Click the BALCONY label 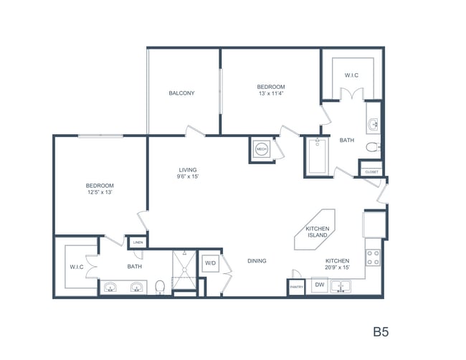[x=181, y=93]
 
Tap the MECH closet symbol [x=261, y=149]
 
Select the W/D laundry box [x=211, y=263]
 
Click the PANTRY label [x=297, y=287]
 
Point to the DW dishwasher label [x=319, y=285]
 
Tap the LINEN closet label [x=138, y=242]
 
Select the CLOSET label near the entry [x=371, y=171]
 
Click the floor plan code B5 [x=381, y=332]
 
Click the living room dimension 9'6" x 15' [x=189, y=176]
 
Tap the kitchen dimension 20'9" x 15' [x=337, y=267]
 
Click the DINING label [x=257, y=261]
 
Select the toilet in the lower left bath [x=161, y=287]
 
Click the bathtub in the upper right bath [x=317, y=156]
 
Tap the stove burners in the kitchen [x=374, y=257]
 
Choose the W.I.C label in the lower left [x=77, y=267]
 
